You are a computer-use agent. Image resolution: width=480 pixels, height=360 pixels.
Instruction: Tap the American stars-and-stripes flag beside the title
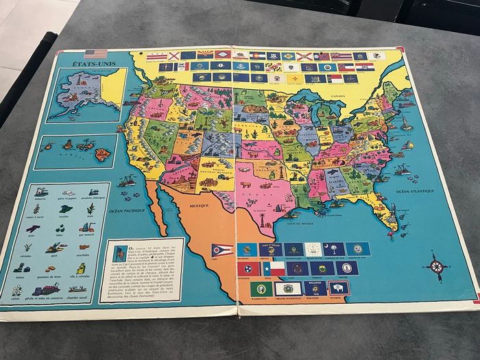pyautogui.click(x=96, y=54)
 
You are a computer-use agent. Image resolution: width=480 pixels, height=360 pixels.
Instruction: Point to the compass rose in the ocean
pyautogui.click(x=435, y=266)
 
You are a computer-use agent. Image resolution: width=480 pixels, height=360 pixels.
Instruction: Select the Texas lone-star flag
pyautogui.click(x=274, y=269)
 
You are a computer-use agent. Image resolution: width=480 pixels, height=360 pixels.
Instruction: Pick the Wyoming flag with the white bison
pyautogui.click(x=338, y=288)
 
